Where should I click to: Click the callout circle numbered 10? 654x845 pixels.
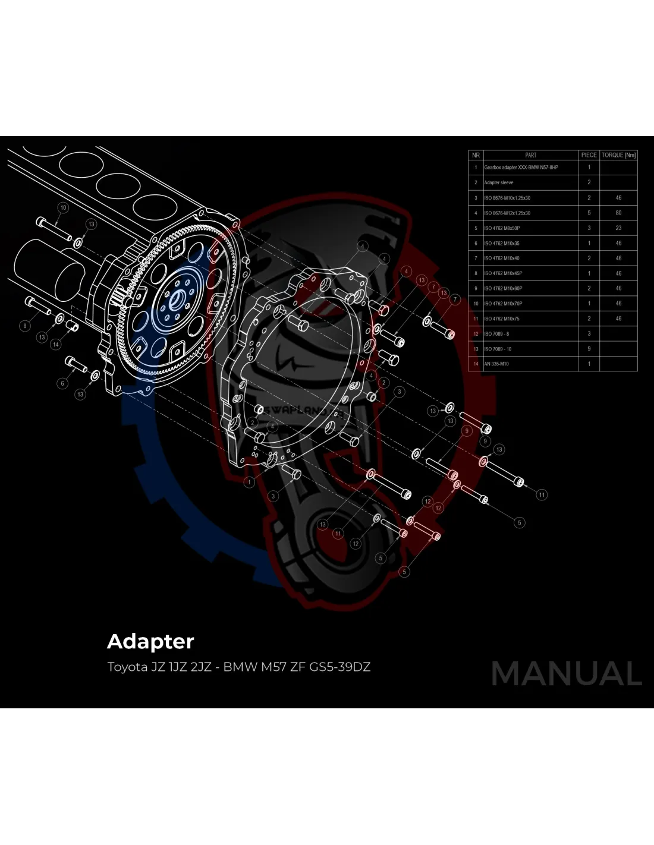[63, 207]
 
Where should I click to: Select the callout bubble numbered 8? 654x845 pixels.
[25, 326]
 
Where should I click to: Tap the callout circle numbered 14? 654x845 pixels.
[56, 345]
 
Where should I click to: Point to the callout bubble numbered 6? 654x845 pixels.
[62, 383]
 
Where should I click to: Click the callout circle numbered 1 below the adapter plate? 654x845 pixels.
[250, 482]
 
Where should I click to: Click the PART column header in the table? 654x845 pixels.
[530, 155]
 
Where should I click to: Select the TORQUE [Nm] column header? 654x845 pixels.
[618, 155]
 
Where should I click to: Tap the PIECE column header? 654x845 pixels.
[589, 155]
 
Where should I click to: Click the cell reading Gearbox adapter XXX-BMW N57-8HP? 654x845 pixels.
[521, 168]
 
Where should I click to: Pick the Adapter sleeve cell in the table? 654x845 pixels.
[499, 182]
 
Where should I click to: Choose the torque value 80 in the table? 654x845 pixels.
[618, 213]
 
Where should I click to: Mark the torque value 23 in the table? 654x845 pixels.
[618, 228]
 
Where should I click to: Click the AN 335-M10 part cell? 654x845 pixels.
[496, 364]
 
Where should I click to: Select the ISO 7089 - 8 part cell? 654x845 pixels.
[496, 334]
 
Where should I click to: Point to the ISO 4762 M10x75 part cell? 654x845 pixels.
[502, 319]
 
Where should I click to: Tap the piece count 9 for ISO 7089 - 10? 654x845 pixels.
[589, 349]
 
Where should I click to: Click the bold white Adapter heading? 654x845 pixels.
[150, 642]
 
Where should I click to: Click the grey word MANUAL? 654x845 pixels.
[567, 673]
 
